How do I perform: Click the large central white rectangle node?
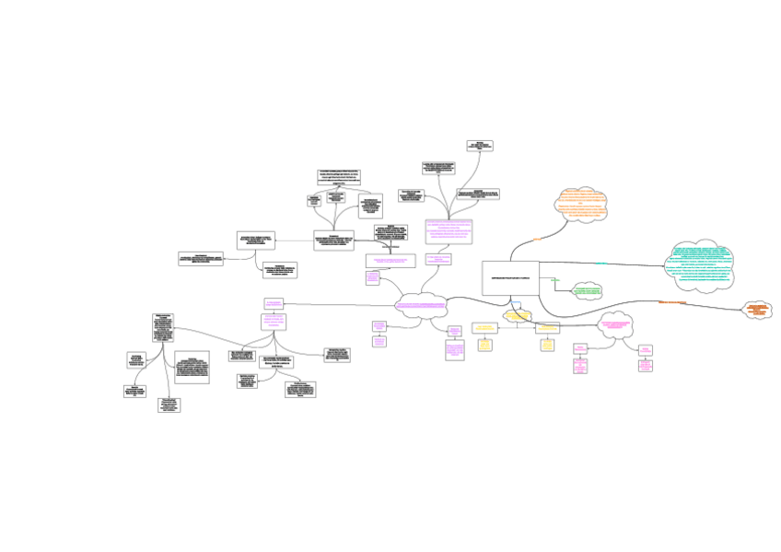point(510,277)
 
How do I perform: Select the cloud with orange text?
point(581,205)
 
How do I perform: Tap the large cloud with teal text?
point(700,265)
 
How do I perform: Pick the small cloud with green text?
point(587,291)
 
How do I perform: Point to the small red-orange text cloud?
point(757,310)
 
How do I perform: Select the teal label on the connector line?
point(602,264)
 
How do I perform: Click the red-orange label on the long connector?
point(672,302)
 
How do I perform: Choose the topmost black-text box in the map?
point(479,145)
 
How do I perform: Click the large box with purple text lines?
point(449,230)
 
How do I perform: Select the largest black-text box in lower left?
point(192,366)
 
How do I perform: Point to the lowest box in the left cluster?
point(169,405)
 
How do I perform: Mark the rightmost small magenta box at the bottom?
point(646,365)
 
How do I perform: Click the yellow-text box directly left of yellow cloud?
point(484,326)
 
